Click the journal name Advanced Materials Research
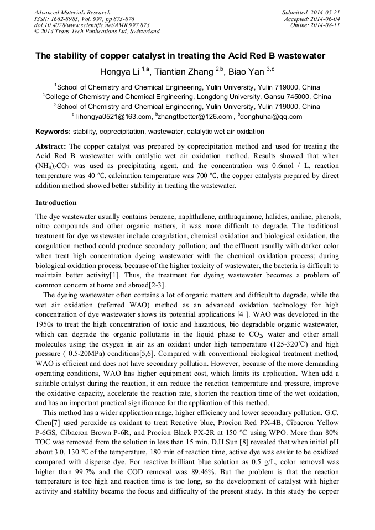[72, 12]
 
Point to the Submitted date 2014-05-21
[326, 12]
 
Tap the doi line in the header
[92, 25]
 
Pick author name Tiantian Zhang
[183, 72]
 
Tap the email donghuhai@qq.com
[273, 117]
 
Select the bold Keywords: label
[53, 132]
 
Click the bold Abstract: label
[51, 146]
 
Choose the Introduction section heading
[56, 203]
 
